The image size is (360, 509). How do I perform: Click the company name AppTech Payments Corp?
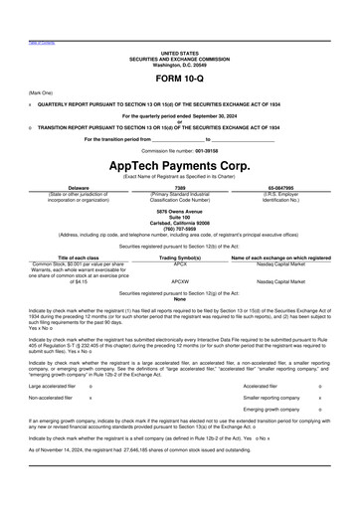[x=179, y=166]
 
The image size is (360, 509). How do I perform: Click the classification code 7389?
[x=179, y=186]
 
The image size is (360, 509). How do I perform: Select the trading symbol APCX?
[x=180, y=263]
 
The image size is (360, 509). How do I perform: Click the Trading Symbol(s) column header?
[x=180, y=257]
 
